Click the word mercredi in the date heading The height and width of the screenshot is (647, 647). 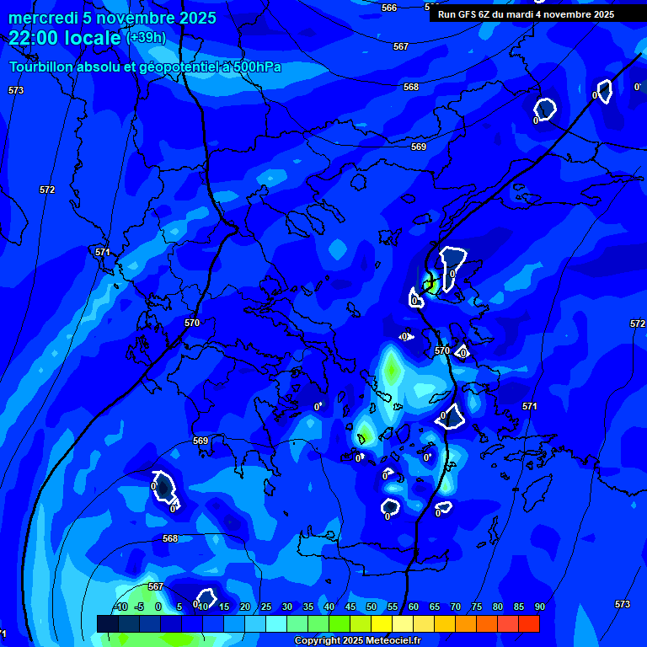[42, 18]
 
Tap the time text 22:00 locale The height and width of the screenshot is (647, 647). [65, 38]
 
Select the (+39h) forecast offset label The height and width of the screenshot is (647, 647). [146, 38]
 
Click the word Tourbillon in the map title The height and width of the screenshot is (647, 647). [42, 67]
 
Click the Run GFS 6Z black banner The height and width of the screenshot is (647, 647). [526, 14]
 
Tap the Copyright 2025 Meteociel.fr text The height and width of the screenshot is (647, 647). [357, 641]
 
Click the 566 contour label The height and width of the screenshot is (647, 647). [389, 8]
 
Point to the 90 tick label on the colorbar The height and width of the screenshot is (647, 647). [540, 607]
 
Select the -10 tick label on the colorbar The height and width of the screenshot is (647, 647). [120, 607]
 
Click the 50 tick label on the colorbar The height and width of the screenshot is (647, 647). [372, 607]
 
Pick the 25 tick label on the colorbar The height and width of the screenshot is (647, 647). [266, 607]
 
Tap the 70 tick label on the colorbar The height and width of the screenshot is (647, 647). [456, 607]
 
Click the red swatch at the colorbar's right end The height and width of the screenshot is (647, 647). [529, 623]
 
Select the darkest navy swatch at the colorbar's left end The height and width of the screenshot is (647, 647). [107, 623]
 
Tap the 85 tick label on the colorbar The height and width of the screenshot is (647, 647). [519, 607]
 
